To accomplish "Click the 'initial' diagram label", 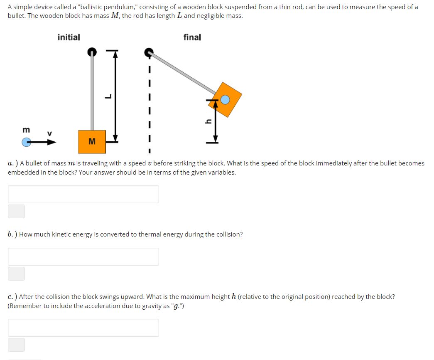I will (x=69, y=37).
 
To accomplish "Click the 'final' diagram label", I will (x=192, y=37).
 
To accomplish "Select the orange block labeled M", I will (x=92, y=142).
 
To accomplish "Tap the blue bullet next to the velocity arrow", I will (x=27, y=142).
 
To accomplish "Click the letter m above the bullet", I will (x=26, y=130).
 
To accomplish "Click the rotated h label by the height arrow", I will (x=208, y=121).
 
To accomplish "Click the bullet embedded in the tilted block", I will (x=225, y=100).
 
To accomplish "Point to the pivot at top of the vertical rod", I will (x=92, y=52).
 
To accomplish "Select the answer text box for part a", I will (x=83, y=194).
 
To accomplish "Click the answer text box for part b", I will (x=83, y=256).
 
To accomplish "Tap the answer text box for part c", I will (x=83, y=328).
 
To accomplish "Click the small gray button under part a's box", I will (x=16, y=211).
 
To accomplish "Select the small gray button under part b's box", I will (x=16, y=274).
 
